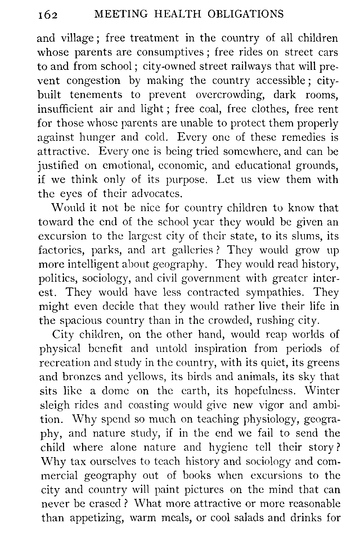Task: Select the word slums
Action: (309, 236)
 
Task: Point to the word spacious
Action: (80, 321)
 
